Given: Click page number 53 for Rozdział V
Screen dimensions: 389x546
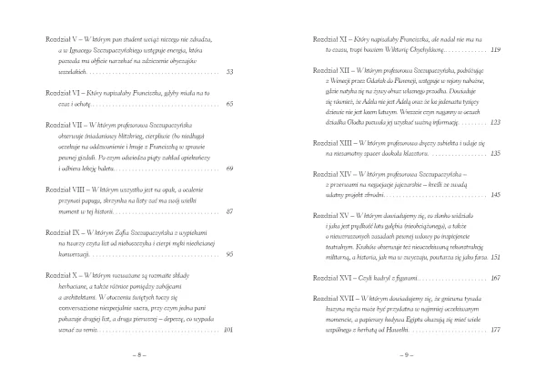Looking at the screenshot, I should click(229, 72).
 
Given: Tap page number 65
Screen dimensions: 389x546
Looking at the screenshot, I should click(229, 105).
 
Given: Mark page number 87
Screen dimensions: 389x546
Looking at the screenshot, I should click(229, 211).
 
